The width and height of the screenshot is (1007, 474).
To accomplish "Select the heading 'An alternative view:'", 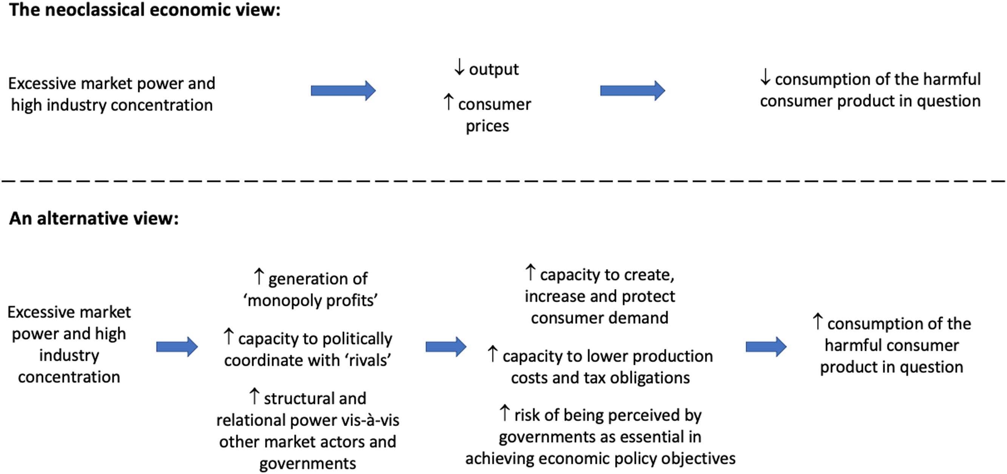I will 94,218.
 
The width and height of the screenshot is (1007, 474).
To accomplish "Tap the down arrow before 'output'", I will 460,67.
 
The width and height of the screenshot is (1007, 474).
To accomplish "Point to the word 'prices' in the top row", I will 487,126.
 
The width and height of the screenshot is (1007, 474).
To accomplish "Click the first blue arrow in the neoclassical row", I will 343,91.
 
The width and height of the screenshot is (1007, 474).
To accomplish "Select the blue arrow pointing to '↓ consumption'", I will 632,91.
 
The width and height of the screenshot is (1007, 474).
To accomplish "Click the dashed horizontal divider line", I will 504,181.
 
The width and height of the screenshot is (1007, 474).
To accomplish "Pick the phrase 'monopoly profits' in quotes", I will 310,300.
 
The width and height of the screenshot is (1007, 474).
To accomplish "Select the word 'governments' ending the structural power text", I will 308,464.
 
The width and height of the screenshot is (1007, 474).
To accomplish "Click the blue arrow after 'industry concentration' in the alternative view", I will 177,346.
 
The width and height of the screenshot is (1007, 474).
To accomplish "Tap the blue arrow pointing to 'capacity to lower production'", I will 446,346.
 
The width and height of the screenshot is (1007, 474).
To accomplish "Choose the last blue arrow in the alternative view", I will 766,346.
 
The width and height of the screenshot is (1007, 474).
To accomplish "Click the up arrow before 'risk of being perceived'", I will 505,413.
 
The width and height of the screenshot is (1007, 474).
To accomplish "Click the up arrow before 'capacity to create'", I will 530,273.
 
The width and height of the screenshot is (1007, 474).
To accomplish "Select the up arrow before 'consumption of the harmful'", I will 817,321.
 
